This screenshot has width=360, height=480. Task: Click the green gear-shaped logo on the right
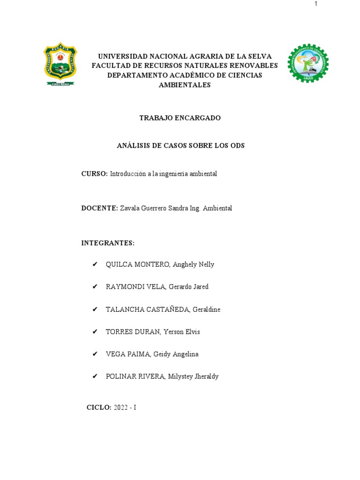(307, 64)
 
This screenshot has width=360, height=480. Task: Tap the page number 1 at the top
(316, 4)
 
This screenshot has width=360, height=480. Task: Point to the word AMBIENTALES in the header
(185, 85)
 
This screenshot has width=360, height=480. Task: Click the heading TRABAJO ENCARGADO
(180, 118)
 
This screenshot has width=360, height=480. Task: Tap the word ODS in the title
(237, 146)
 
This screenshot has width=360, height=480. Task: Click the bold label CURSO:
(95, 174)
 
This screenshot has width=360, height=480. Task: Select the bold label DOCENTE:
(99, 208)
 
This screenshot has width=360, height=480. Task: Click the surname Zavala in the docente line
(130, 208)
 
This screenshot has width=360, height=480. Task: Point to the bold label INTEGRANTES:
(108, 243)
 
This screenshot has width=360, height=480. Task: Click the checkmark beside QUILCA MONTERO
(95, 264)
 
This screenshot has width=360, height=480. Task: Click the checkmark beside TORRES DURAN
(95, 332)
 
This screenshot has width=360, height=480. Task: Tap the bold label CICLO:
(99, 407)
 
